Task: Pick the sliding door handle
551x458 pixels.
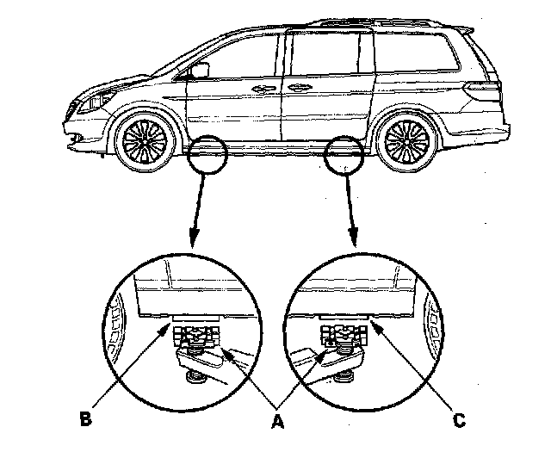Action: coord(298,88)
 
